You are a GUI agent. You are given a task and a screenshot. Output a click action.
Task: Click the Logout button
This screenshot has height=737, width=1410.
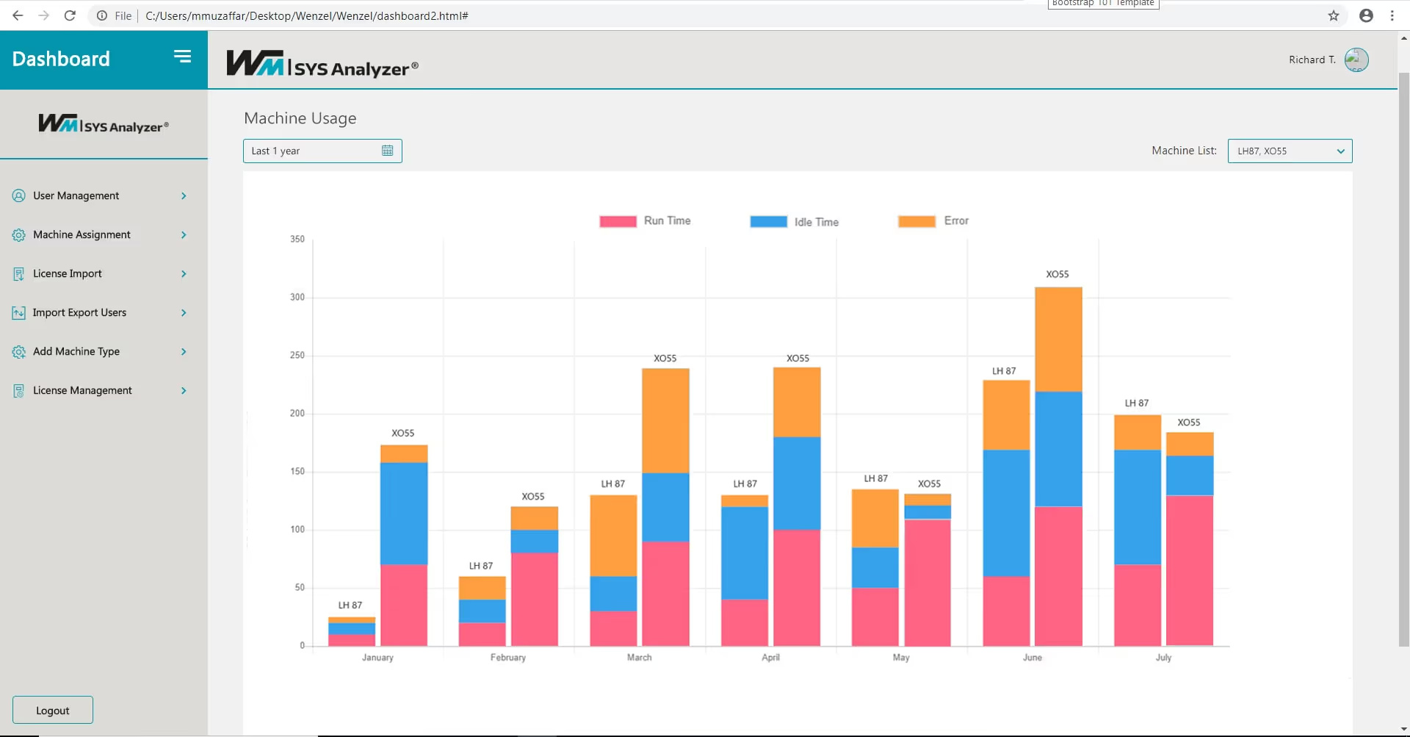pos(53,710)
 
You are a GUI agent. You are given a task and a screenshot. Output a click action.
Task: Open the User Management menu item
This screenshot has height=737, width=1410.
pos(76,195)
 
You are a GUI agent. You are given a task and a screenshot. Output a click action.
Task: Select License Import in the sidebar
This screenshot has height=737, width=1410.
pos(68,273)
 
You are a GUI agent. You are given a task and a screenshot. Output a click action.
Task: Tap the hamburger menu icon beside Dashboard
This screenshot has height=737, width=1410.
pos(182,57)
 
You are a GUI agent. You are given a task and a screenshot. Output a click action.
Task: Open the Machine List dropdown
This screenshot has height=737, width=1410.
pos(1290,151)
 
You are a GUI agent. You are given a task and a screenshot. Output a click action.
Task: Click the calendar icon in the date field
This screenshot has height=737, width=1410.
pos(388,151)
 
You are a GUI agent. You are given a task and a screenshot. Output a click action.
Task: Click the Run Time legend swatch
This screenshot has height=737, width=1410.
pos(618,221)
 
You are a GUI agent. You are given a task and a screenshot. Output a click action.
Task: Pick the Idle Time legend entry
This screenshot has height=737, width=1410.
pos(815,222)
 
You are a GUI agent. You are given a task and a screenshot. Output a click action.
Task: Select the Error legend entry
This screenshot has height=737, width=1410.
pos(955,220)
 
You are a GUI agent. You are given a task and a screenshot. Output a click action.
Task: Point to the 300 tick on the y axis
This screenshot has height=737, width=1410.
pos(297,297)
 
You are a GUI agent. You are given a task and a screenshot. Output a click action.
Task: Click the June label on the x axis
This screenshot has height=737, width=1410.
pos(1032,658)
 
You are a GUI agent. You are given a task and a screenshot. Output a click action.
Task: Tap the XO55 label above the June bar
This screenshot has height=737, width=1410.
pos(1057,274)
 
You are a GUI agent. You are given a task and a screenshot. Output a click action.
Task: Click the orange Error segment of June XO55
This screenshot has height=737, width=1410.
pos(1058,339)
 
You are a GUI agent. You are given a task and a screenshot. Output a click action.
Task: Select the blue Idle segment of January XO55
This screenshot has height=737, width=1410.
pos(404,513)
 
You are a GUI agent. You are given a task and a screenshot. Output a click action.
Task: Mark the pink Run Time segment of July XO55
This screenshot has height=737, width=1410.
pos(1190,570)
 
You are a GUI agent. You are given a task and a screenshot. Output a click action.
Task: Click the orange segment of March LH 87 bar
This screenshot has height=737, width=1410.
pos(613,535)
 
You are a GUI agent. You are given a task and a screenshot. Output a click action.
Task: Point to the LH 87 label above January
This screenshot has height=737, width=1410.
pos(350,605)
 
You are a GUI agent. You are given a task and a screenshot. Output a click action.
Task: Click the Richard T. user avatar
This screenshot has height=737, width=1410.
pos(1356,60)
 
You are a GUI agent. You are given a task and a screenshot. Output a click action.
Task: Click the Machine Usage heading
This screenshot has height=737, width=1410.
pos(300,118)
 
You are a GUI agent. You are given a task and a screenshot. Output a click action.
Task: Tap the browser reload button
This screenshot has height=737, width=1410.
pos(70,15)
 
